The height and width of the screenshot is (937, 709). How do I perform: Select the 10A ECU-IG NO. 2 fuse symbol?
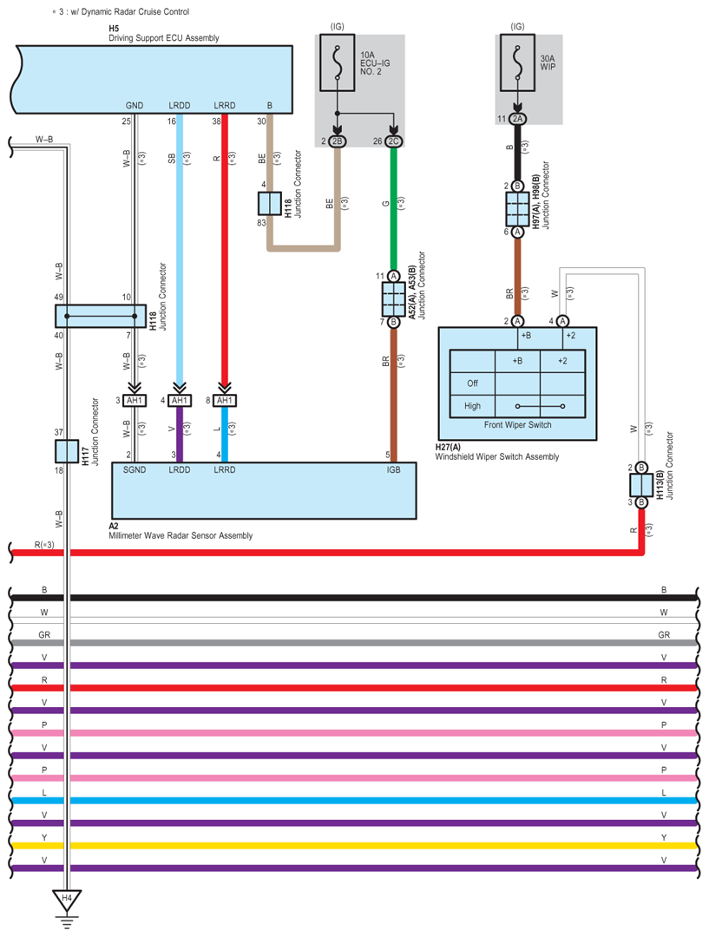[x=337, y=62]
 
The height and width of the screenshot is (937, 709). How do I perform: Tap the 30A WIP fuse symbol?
[x=517, y=62]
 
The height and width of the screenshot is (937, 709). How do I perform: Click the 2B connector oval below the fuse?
[x=337, y=141]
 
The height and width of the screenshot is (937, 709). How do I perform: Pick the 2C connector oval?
[x=393, y=141]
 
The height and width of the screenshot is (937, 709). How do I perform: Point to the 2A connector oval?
[x=517, y=119]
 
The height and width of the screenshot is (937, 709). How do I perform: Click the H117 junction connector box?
[x=66, y=451]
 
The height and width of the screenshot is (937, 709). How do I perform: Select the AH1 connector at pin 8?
[x=225, y=400]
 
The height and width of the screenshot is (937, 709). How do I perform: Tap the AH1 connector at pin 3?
[x=135, y=400]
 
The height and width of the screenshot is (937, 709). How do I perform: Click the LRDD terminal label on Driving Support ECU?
[x=180, y=106]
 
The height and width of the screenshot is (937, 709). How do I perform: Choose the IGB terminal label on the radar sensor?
[x=393, y=470]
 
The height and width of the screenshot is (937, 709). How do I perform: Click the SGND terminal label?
[x=135, y=470]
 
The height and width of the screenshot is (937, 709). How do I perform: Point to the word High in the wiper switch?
[x=473, y=406]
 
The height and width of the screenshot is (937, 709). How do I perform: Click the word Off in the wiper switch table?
[x=472, y=383]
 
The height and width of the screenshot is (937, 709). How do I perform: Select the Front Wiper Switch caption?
[x=517, y=425]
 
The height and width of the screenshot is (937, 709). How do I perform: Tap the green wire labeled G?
[x=393, y=208]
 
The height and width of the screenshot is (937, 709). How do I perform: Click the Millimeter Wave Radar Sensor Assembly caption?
[x=181, y=535]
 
